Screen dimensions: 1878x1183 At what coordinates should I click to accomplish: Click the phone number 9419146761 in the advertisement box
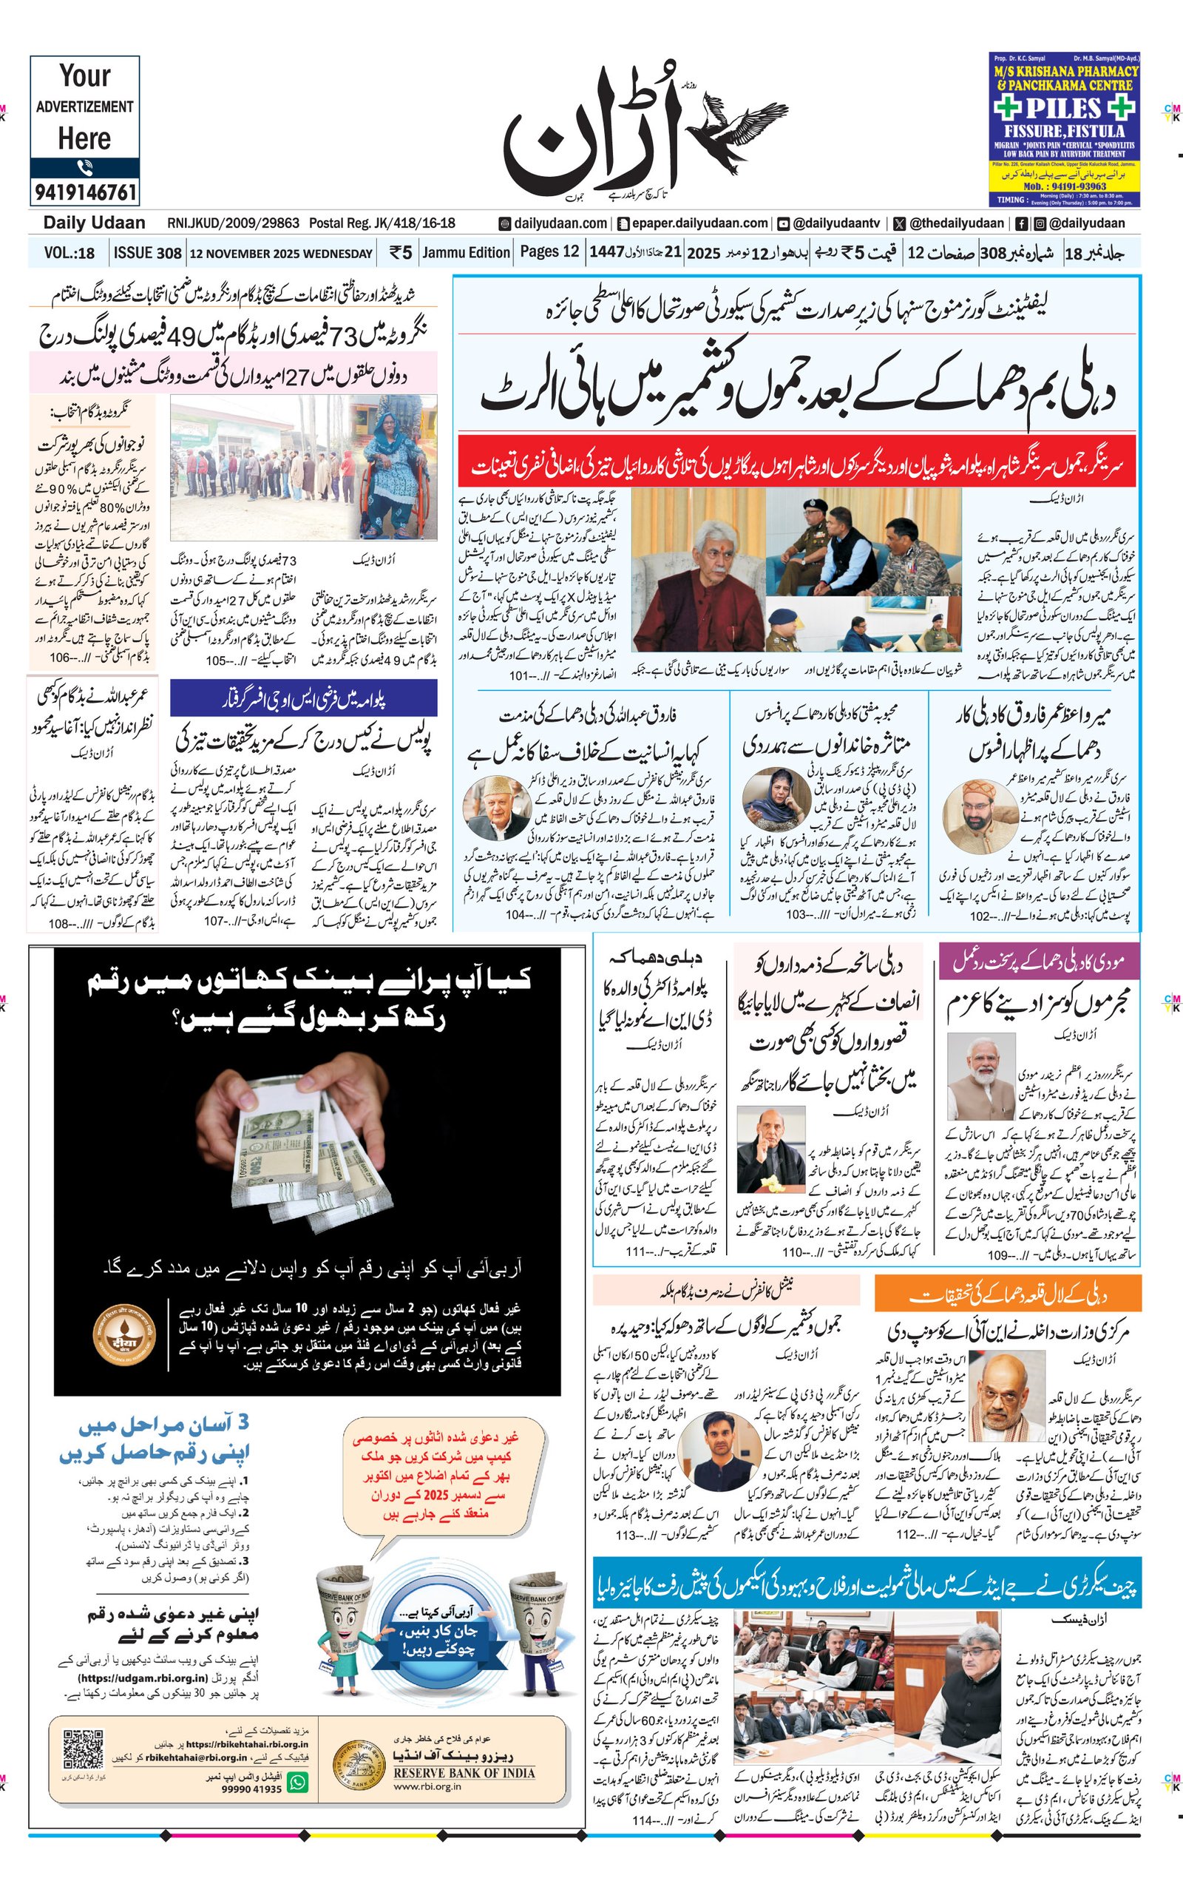coord(85,191)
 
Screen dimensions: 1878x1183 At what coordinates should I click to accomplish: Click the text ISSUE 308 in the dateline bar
coord(147,253)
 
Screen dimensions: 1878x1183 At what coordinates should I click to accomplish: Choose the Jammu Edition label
coord(467,253)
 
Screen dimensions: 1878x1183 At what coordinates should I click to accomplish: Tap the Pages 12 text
coord(549,252)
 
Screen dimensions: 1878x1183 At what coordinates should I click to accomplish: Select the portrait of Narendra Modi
coord(981,1076)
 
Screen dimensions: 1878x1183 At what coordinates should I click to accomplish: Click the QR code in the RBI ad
coord(84,1751)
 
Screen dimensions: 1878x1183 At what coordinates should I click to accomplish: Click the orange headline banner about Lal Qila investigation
coord(1008,1296)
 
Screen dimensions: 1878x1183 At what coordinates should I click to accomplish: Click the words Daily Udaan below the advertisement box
coord(95,223)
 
